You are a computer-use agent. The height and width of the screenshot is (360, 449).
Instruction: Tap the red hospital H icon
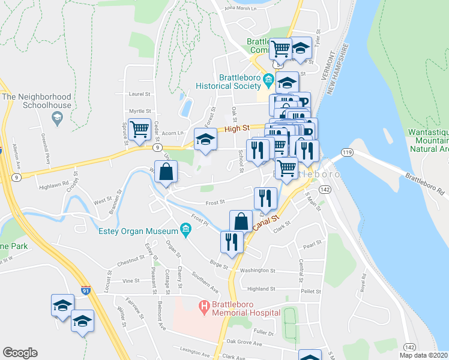point(204,307)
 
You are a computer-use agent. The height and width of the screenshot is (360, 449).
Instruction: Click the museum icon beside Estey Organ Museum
point(185,229)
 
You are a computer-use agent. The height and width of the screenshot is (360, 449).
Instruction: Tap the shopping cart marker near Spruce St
point(139,128)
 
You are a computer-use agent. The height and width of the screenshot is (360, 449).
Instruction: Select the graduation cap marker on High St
point(205,141)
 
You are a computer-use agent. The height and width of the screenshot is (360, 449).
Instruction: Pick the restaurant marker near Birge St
point(231,241)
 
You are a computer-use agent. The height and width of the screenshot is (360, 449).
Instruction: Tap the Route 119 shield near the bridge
point(348,153)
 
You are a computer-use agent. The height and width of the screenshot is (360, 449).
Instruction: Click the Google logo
point(20,353)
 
